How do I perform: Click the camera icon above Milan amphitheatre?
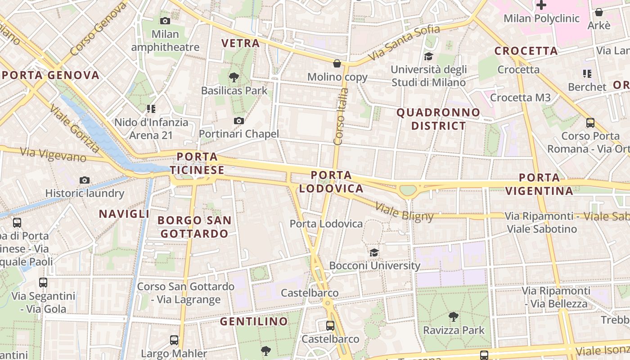click(x=165, y=21)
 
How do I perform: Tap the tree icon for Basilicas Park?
click(x=234, y=77)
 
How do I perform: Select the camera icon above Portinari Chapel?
click(x=239, y=121)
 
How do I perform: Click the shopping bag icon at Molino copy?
click(x=337, y=64)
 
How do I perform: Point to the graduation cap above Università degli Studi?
click(x=428, y=57)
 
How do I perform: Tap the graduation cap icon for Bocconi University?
click(x=374, y=252)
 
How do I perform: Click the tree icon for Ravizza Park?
click(x=454, y=317)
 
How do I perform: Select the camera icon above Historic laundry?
click(x=84, y=180)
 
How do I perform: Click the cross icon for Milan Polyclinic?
click(x=541, y=5)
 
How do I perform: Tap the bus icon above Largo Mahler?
click(x=174, y=340)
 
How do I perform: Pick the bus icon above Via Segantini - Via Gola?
click(x=43, y=283)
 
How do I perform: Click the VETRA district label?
click(x=241, y=43)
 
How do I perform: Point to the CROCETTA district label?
click(x=526, y=51)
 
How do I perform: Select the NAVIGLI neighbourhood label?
click(x=124, y=214)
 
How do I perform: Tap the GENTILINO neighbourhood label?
click(x=254, y=321)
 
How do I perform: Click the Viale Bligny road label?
click(x=404, y=212)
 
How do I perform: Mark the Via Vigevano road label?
click(x=54, y=154)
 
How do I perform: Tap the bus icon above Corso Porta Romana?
click(x=590, y=122)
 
